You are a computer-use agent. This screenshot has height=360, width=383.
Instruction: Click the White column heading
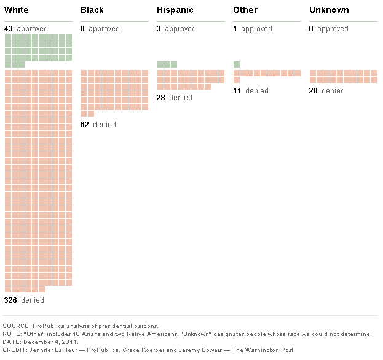point(17,10)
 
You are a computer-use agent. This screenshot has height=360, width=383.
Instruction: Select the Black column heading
point(92,10)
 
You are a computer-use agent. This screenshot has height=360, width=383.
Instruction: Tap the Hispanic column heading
point(175,10)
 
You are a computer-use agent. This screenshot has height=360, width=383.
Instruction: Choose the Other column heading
point(245,10)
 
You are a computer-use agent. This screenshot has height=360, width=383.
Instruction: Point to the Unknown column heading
point(329,10)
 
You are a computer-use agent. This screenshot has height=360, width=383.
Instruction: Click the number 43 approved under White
point(9,29)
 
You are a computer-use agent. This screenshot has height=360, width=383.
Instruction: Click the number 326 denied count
point(10,300)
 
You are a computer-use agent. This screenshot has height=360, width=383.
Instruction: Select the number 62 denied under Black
point(85,125)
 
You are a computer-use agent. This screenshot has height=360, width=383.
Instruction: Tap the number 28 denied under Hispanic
point(161,98)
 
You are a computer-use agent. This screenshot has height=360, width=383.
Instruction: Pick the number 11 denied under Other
point(237,91)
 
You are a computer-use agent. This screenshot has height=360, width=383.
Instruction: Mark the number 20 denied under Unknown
point(314,91)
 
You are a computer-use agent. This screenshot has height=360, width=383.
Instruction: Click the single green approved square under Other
point(237,65)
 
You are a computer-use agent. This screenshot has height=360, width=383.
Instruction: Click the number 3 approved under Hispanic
point(159,29)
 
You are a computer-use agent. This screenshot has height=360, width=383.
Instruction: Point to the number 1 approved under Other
point(235,29)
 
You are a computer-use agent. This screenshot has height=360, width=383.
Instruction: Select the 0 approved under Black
point(83,29)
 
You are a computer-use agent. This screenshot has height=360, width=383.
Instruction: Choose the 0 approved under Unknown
point(312,29)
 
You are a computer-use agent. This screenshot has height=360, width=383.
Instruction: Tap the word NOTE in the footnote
point(13,334)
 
